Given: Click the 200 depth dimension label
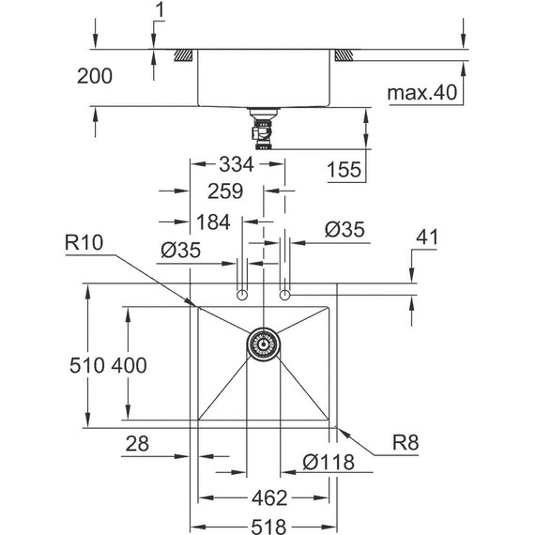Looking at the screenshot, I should tap(93, 77).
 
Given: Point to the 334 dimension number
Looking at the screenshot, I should tap(237, 164).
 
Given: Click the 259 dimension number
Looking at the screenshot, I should tap(225, 191).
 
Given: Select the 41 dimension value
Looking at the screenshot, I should tap(427, 238).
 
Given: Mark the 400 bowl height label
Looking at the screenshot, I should tap(129, 366).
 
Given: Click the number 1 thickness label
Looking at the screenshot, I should tap(159, 12).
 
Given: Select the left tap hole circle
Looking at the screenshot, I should tap(242, 297).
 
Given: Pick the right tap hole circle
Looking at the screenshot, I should tap(284, 297).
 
